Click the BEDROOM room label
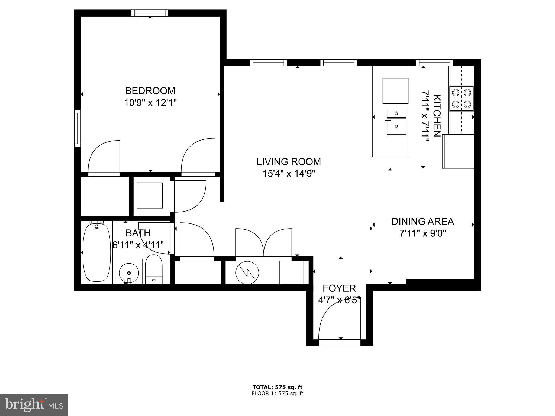click(150, 90)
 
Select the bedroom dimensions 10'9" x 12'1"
click(150, 103)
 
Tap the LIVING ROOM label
click(289, 162)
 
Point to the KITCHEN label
click(437, 116)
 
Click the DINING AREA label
click(422, 222)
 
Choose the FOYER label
click(339, 288)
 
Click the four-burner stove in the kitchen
click(461, 98)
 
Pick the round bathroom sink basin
click(129, 272)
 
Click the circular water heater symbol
click(247, 273)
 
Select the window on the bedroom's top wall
click(150, 13)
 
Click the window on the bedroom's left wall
click(78, 128)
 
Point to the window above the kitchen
click(434, 63)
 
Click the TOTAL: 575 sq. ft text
click(277, 387)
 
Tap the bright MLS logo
click(34, 405)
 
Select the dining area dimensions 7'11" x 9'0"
click(422, 233)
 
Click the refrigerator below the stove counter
click(458, 151)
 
